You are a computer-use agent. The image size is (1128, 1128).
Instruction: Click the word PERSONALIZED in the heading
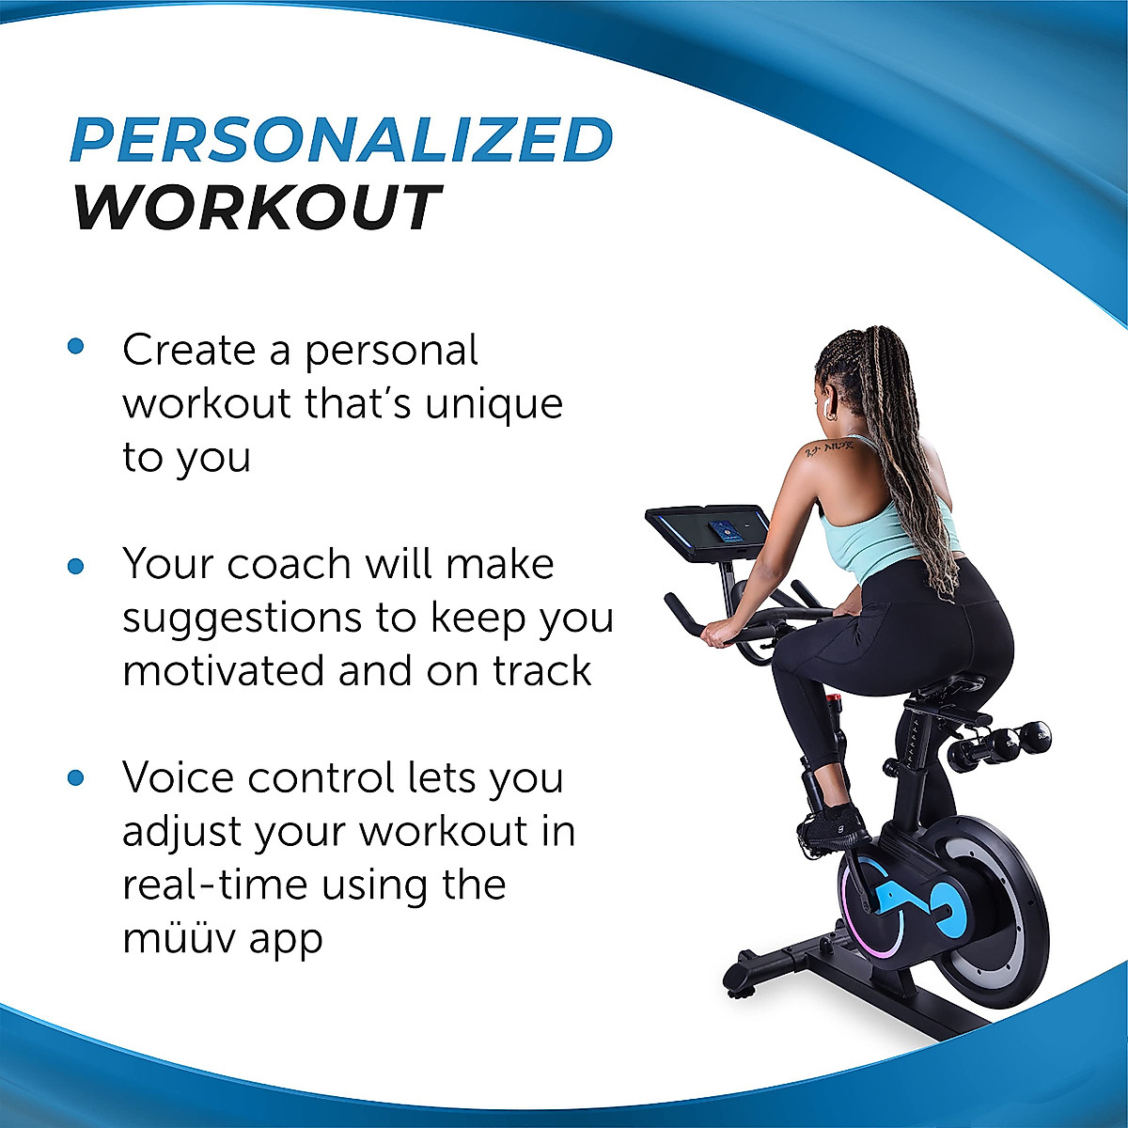[x=341, y=139]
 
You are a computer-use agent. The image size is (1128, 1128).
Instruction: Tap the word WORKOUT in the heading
[x=257, y=208]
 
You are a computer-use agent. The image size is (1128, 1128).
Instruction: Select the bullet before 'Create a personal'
[x=76, y=347]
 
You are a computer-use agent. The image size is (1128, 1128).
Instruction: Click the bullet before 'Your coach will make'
[x=76, y=567]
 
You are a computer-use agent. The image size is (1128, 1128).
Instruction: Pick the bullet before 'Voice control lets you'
[x=76, y=778]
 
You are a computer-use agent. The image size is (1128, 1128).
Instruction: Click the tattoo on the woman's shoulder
[x=826, y=448]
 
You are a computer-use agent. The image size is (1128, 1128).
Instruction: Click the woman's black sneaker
[x=832, y=825]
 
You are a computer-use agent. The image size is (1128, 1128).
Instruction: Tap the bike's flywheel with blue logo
[x=940, y=902]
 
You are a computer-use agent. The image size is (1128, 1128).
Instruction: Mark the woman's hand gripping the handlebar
[x=716, y=634]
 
